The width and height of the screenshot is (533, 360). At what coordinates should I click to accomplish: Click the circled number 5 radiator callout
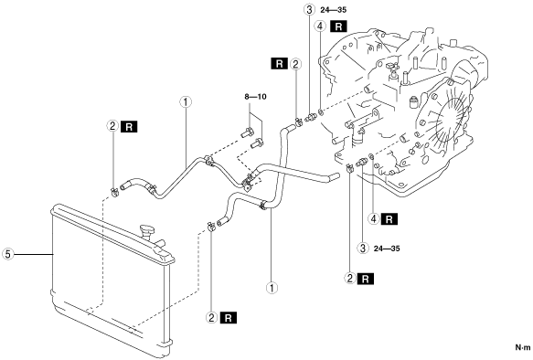tap(7, 254)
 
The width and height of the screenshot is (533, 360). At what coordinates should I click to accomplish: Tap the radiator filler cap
tap(147, 231)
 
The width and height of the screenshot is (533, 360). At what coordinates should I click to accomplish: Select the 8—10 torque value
tap(255, 97)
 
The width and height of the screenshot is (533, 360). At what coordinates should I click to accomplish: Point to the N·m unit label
tap(523, 347)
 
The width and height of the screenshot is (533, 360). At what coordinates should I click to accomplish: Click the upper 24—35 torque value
tap(334, 10)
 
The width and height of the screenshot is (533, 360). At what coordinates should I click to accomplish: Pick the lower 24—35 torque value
tap(387, 249)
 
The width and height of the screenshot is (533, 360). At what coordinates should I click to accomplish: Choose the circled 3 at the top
tap(309, 9)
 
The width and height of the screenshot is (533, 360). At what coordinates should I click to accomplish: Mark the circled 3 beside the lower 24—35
tap(363, 249)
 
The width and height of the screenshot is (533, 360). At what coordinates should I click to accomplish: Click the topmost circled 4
tap(321, 26)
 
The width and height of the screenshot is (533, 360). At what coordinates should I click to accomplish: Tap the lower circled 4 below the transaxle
tap(374, 219)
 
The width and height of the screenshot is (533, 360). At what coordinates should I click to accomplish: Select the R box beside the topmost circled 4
tap(338, 26)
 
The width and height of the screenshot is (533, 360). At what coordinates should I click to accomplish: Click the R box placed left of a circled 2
tap(280, 64)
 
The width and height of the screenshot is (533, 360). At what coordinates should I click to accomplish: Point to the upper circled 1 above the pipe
tap(186, 102)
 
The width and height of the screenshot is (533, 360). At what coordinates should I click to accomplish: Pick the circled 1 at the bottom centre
tap(272, 288)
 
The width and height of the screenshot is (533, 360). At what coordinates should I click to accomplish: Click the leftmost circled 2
tap(112, 126)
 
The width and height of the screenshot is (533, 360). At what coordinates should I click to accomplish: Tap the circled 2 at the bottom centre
tap(211, 318)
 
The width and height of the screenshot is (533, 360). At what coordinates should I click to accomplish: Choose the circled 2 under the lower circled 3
tap(350, 279)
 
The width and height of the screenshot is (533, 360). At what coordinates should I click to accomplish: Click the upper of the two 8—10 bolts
tap(247, 132)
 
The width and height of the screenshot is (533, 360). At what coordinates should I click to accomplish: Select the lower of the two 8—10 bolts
tap(257, 143)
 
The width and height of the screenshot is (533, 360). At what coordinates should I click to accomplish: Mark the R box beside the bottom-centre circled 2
tap(229, 318)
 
